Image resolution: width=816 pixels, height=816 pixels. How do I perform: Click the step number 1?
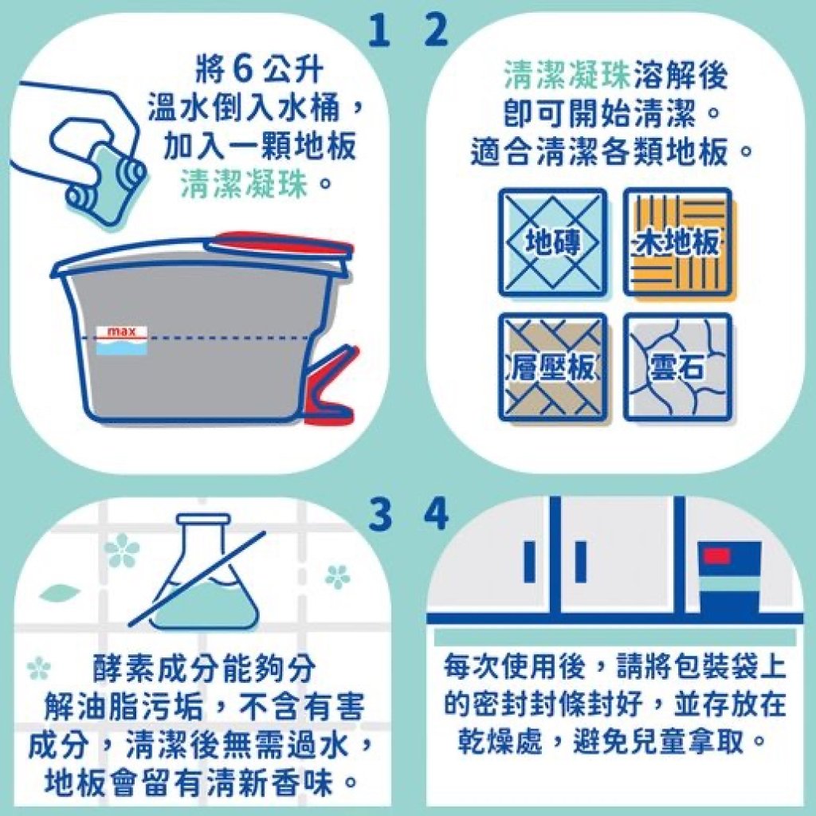tap(379, 30)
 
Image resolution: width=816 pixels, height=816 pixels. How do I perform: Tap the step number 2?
tap(436, 30)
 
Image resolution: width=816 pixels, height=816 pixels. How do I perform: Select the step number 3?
tap(380, 514)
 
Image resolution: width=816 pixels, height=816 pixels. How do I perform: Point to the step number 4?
tap(436, 514)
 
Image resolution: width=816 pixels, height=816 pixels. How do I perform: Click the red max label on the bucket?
tap(122, 331)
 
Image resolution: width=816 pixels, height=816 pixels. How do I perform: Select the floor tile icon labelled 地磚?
tap(553, 242)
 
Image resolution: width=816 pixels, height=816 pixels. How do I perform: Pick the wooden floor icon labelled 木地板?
tap(677, 242)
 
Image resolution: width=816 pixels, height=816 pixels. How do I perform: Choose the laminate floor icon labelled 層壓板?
tap(553, 367)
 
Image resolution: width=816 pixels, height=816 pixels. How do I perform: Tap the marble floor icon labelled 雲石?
tap(677, 367)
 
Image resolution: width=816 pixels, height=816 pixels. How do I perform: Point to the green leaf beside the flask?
tap(59, 592)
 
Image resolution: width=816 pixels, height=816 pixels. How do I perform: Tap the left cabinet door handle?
tap(530, 562)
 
